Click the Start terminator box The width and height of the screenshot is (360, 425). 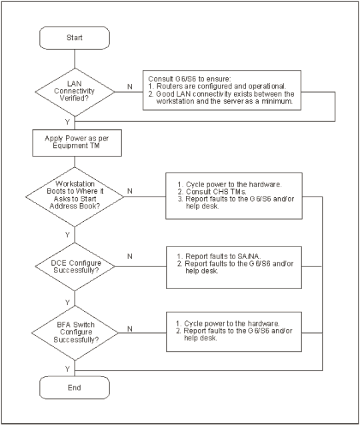[75, 38]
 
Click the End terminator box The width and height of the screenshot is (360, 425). [75, 388]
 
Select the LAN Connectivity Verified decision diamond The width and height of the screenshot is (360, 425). [75, 92]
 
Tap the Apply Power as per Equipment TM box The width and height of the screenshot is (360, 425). [77, 143]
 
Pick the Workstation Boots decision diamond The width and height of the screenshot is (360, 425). [75, 197]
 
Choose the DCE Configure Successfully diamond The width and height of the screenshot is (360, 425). [75, 266]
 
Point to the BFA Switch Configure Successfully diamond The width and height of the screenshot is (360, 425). [75, 333]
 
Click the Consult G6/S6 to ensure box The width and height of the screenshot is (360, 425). [222, 90]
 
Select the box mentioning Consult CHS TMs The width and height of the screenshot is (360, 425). [234, 196]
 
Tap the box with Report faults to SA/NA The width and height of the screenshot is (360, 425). [234, 268]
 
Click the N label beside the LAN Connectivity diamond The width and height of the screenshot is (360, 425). [130, 87]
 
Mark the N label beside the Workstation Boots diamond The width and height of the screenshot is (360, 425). [130, 191]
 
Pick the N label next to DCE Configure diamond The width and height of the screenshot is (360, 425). [130, 256]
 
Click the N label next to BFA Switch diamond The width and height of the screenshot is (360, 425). [130, 329]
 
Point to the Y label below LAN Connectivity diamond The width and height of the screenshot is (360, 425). [67, 122]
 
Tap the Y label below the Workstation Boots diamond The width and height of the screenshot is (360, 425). [67, 234]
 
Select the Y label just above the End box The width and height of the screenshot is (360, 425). [67, 369]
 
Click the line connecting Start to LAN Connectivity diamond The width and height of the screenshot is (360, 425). [75, 59]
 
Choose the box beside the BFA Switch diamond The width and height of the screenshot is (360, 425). [234, 332]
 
